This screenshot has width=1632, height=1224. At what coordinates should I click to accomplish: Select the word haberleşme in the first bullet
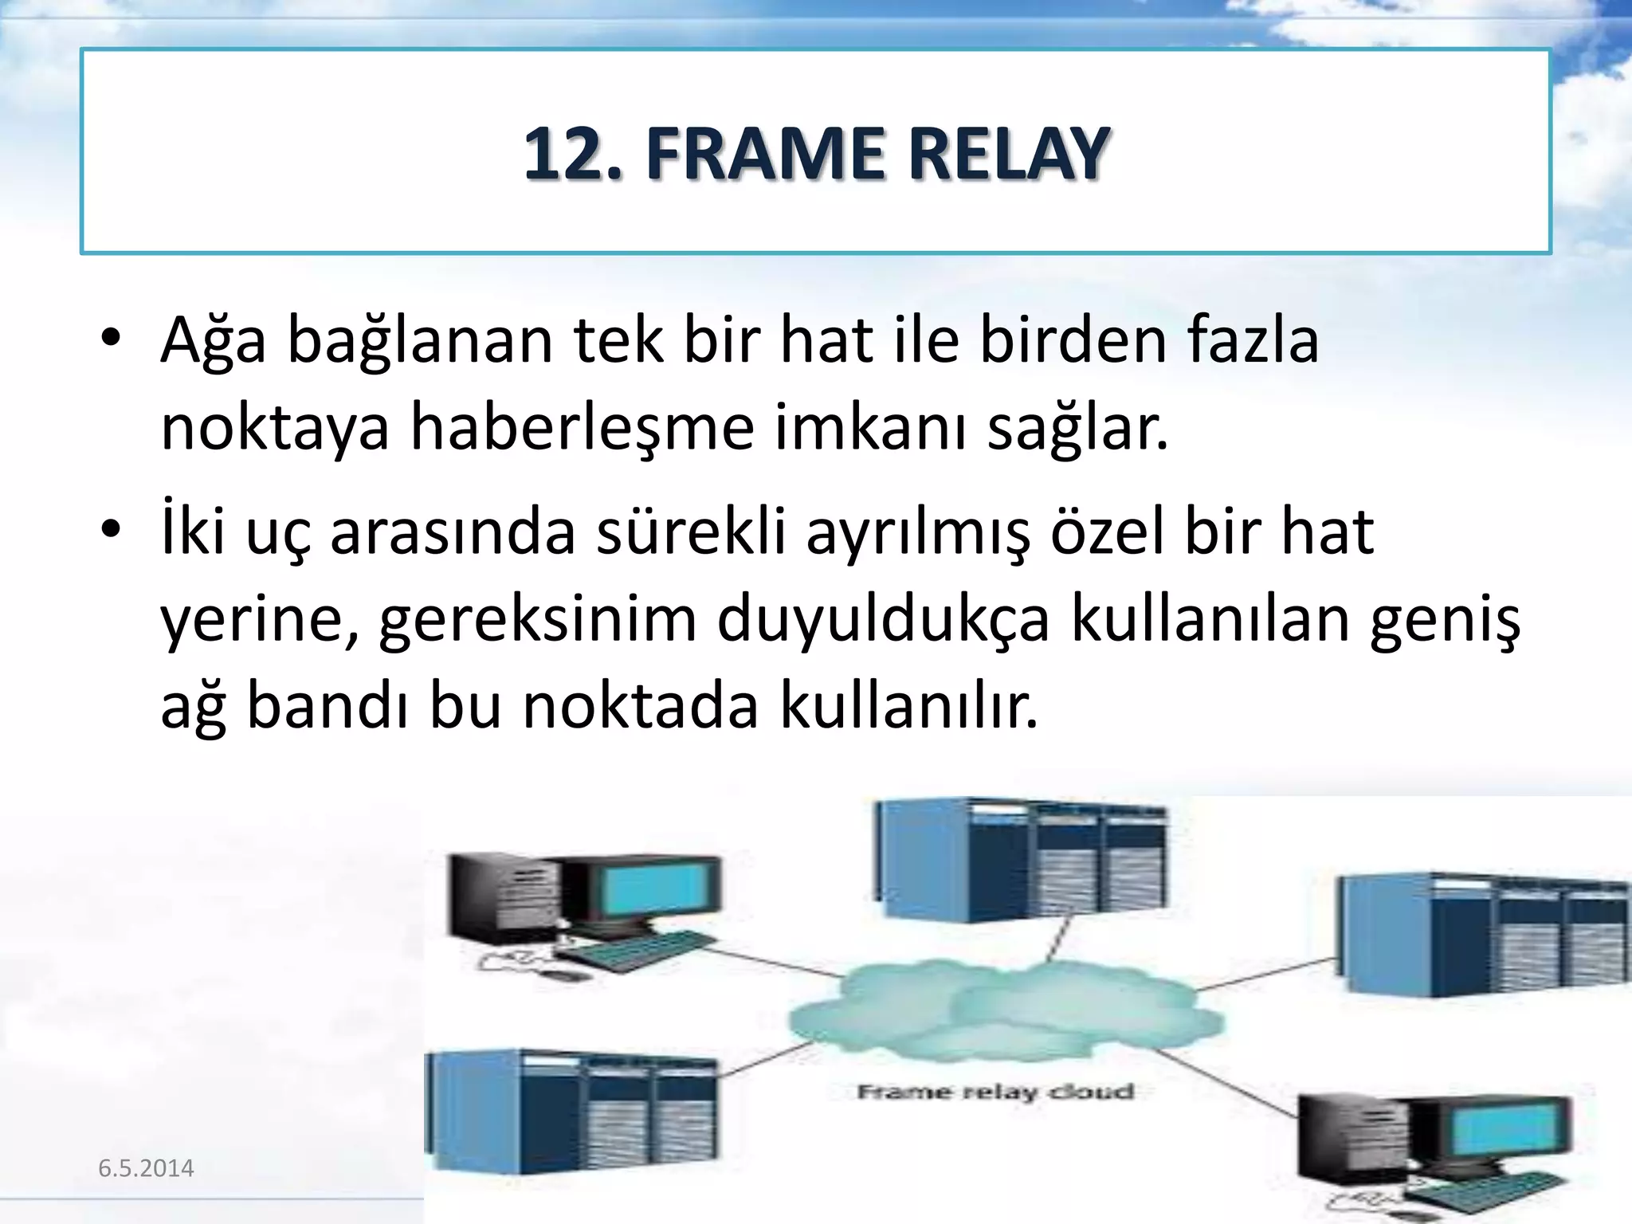coord(582,428)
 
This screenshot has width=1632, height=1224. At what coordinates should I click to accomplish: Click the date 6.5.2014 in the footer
coord(146,1168)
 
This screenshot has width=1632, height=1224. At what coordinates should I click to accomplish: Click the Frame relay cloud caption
coord(995,1091)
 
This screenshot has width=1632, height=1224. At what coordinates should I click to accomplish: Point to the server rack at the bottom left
coord(571,1112)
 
